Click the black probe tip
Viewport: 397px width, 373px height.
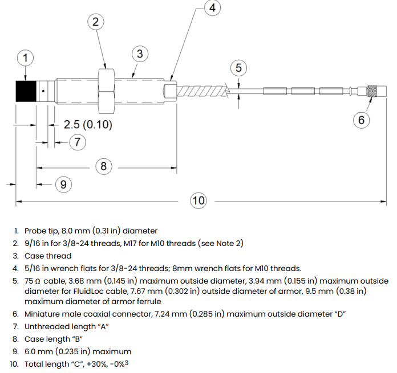click(x=26, y=91)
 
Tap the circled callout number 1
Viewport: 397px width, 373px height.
click(x=25, y=58)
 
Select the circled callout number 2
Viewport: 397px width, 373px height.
click(x=96, y=22)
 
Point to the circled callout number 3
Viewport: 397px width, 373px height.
click(x=140, y=54)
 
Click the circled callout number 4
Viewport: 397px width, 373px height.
click(x=212, y=8)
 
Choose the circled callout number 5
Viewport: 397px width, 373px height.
click(x=238, y=68)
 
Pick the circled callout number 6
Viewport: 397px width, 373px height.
click(x=361, y=120)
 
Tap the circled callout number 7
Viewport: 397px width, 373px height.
click(x=78, y=142)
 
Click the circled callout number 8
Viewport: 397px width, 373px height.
click(x=104, y=166)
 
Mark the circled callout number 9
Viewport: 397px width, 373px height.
click(x=63, y=185)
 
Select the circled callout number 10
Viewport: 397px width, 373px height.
click(x=198, y=200)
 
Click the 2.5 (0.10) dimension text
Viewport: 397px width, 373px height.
click(x=88, y=125)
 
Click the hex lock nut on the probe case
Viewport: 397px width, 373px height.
click(x=106, y=91)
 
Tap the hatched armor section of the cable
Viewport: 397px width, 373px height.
click(x=202, y=91)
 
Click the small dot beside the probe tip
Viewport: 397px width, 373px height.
click(x=43, y=91)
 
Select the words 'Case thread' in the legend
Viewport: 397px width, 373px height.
click(x=48, y=256)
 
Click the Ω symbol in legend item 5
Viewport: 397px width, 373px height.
click(x=38, y=281)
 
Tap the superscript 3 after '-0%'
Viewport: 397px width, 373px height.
click(x=127, y=363)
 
